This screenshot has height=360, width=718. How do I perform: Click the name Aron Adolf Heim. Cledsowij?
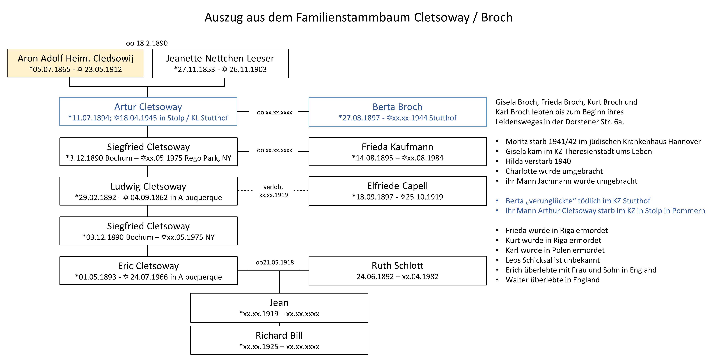[x=75, y=59]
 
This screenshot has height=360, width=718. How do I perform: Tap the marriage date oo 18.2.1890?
[x=147, y=43]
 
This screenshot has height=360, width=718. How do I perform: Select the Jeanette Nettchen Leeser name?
[x=220, y=59]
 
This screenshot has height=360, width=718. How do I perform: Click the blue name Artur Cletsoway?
[x=148, y=107]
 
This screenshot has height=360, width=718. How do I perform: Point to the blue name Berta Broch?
[x=398, y=107]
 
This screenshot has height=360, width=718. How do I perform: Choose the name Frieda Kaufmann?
[x=398, y=147]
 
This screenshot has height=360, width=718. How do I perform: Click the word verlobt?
[x=273, y=187]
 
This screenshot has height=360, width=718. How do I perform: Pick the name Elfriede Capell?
[x=398, y=186]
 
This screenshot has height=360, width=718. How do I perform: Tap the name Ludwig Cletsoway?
[x=148, y=186]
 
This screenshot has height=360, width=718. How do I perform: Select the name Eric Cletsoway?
[x=148, y=266]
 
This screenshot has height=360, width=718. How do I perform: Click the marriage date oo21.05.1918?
[x=275, y=262]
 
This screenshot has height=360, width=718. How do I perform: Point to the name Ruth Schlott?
[x=398, y=266]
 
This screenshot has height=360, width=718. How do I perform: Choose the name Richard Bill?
[x=279, y=336]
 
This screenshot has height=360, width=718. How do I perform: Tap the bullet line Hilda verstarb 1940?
[x=538, y=161]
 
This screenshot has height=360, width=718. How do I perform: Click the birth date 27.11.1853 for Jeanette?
[x=196, y=69]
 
